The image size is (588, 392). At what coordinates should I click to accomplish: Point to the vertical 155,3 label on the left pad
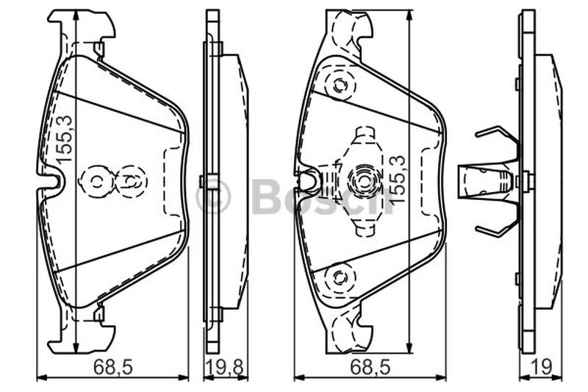pyautogui.click(x=64, y=139)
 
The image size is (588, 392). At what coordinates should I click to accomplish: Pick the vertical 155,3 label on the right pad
pyautogui.click(x=398, y=180)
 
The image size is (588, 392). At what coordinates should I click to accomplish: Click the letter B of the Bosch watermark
pyautogui.click(x=268, y=196)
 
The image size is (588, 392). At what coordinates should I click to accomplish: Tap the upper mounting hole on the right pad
pyautogui.click(x=340, y=85)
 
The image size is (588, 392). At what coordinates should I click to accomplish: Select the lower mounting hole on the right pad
pyautogui.click(x=340, y=278)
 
